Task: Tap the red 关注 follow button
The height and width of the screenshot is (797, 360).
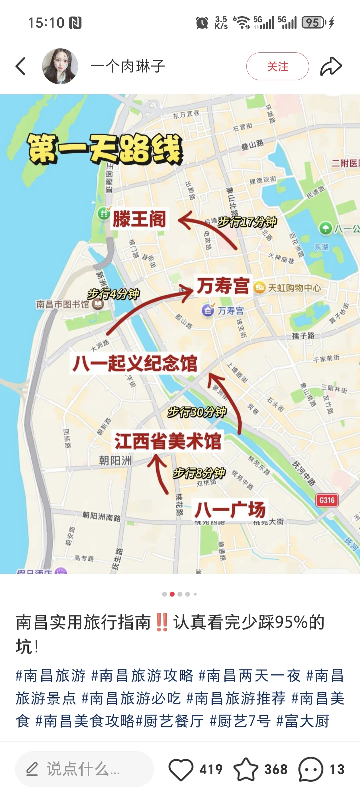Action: tap(277, 66)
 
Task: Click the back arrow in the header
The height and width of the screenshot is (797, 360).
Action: tap(21, 66)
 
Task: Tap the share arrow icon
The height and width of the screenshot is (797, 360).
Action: tap(331, 66)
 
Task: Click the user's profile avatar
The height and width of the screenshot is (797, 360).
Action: tap(60, 66)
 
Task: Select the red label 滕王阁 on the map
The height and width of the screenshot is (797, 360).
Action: tap(139, 219)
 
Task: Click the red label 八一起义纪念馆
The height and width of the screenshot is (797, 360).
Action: tap(135, 363)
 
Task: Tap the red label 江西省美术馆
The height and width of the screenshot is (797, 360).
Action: tap(168, 441)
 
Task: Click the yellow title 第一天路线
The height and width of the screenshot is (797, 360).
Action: tap(105, 149)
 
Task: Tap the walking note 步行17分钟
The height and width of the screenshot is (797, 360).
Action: tap(247, 222)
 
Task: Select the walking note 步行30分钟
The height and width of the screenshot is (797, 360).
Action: tap(197, 412)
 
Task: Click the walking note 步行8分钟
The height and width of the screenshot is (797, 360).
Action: tap(199, 473)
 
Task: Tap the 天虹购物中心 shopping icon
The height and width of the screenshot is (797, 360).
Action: tap(259, 287)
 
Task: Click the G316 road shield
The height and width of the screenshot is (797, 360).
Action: tap(327, 500)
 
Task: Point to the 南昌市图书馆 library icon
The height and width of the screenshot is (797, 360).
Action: tap(98, 304)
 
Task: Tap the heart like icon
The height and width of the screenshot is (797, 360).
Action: tap(181, 769)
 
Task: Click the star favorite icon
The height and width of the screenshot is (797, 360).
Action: tap(246, 769)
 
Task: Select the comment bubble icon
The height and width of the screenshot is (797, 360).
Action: tap(311, 769)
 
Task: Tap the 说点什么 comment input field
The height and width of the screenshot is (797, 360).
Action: tap(84, 769)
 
